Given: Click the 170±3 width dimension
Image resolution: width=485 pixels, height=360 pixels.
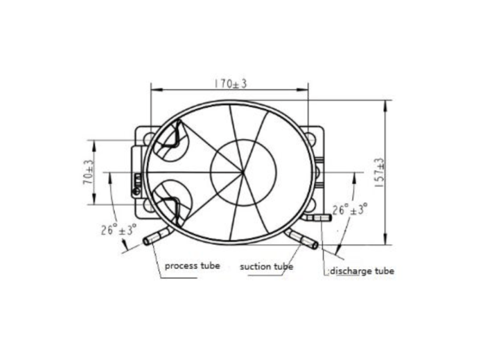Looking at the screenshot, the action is point(231,84).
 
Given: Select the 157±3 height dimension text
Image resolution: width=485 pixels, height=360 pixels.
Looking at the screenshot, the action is point(379,172).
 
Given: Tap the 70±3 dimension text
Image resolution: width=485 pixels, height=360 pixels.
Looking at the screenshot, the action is point(88,172).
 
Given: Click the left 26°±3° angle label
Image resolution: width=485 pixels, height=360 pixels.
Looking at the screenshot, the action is point(118,230).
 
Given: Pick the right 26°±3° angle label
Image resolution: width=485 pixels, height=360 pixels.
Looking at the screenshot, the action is point(350,210).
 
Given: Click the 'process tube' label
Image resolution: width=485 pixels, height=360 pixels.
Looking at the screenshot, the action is point(193,266).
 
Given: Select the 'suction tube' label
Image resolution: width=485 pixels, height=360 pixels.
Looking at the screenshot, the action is point(266,267).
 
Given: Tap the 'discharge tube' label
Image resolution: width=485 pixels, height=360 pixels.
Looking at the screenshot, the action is point(362,271).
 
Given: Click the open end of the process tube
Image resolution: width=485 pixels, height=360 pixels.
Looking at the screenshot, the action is point(146,241).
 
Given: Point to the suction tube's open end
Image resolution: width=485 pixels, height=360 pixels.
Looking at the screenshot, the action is point(315,245).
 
